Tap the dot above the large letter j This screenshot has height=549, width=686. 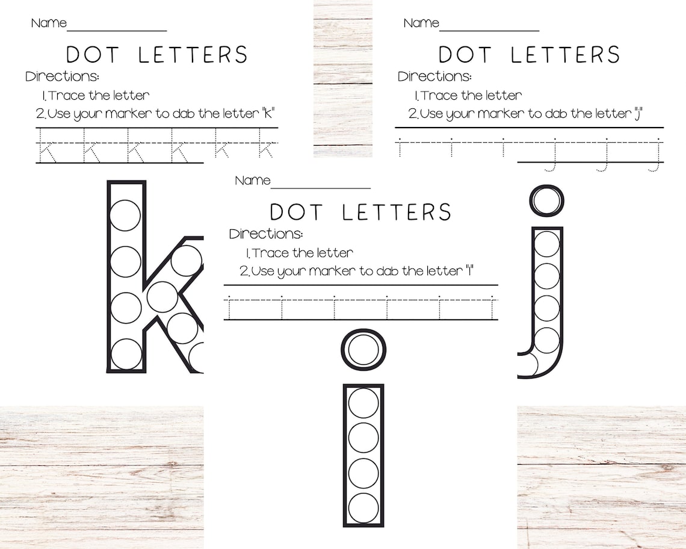point(546,200)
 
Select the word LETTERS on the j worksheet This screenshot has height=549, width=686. point(565,55)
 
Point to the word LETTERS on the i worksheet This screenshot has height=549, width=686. point(397,212)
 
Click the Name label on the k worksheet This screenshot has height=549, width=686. point(49,23)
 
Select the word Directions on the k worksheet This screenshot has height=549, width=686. point(62,76)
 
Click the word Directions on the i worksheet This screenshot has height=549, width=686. point(266,234)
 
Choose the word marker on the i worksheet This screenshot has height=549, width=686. point(330,271)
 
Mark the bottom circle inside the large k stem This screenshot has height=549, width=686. point(126,354)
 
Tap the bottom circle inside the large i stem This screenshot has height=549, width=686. point(363,508)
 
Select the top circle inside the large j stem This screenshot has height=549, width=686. point(546,244)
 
